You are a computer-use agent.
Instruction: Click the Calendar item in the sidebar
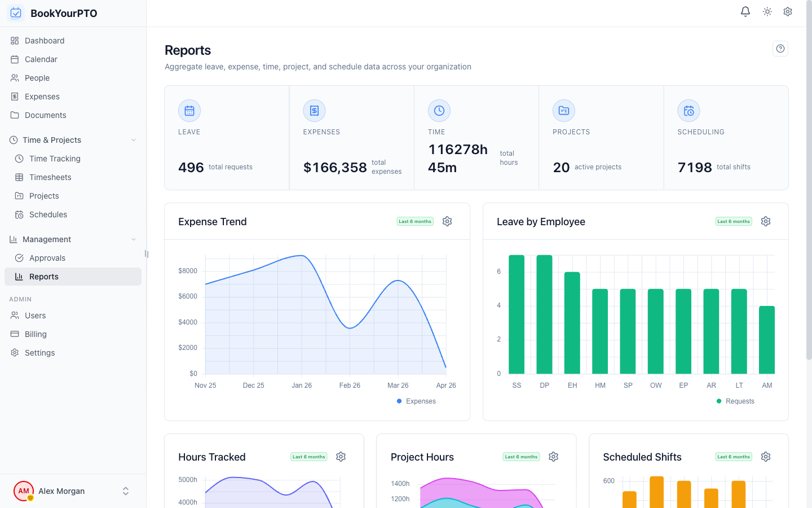(41, 59)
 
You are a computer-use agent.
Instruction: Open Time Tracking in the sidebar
(55, 159)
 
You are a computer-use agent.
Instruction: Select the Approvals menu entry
(47, 258)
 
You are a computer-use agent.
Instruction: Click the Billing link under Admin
(36, 334)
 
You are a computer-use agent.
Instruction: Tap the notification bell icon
(745, 11)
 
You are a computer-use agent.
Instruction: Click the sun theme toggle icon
(767, 11)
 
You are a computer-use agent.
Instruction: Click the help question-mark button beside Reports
(780, 49)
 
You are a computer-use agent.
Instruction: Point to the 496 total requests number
(191, 168)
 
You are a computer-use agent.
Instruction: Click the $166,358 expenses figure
(335, 168)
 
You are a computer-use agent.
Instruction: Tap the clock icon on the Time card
(439, 111)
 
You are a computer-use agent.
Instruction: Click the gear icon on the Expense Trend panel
(447, 221)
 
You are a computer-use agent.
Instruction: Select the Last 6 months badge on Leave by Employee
(734, 221)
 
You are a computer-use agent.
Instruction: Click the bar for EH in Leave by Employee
(572, 323)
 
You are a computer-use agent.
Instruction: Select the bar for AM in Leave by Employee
(767, 340)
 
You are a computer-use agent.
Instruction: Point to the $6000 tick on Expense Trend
(188, 296)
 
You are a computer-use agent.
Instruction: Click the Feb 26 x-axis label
(350, 386)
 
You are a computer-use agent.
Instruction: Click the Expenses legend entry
(417, 401)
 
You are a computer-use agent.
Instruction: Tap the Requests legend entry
(736, 401)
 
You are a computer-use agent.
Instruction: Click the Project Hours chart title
(422, 457)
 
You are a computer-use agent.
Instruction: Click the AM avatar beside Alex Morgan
(24, 491)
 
